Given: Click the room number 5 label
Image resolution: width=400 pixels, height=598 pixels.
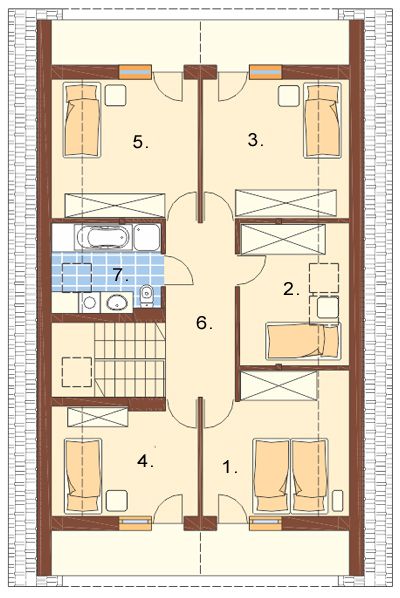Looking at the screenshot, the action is click(x=140, y=142).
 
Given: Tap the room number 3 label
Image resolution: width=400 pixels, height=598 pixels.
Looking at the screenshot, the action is click(x=255, y=140).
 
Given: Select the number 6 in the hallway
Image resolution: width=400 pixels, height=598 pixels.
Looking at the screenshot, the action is click(x=204, y=323).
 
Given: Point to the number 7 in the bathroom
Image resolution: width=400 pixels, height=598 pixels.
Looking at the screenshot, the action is click(x=120, y=275).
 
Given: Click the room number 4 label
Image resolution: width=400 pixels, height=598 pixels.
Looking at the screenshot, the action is click(x=145, y=461).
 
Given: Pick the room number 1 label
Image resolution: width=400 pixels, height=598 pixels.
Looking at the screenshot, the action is click(x=230, y=467).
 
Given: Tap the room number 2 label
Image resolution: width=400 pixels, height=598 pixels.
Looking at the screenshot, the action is click(x=291, y=289).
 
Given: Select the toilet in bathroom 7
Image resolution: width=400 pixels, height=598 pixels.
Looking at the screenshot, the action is click(x=146, y=296).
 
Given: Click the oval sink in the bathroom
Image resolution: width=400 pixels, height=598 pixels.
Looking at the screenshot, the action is click(x=117, y=303).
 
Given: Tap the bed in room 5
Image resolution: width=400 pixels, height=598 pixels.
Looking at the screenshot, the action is click(x=82, y=120).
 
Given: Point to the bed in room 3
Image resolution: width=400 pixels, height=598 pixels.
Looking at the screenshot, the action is click(x=322, y=120).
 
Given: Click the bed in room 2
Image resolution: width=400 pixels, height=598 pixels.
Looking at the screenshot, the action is click(x=303, y=341).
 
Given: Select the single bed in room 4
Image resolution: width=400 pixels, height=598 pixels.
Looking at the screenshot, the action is click(x=83, y=476).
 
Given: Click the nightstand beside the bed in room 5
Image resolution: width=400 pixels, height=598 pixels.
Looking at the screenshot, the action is click(x=116, y=95).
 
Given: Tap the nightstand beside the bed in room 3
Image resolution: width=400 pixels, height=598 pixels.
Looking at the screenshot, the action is click(x=289, y=95).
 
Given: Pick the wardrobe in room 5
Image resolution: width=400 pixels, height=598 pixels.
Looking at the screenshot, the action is click(x=115, y=205).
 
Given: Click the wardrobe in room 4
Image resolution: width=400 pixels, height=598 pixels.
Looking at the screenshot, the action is click(x=98, y=416).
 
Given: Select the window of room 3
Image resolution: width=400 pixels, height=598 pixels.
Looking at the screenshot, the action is click(x=266, y=72).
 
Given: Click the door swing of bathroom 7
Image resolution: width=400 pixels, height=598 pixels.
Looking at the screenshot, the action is click(x=179, y=270).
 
